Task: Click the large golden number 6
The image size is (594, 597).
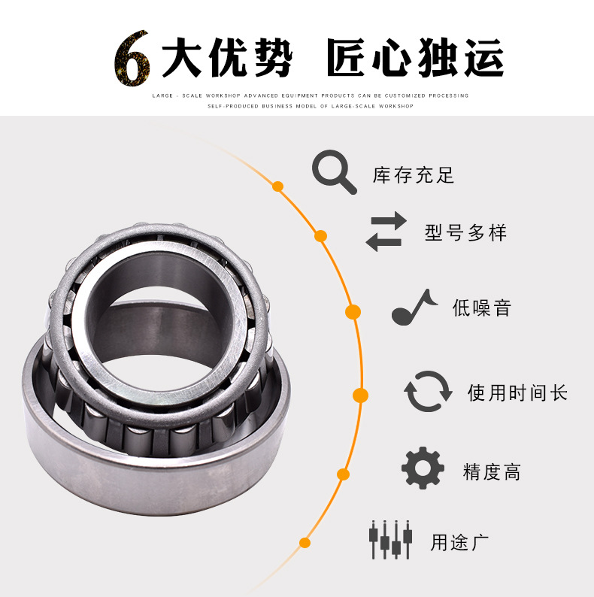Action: (132, 59)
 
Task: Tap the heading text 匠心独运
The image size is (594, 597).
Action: (415, 58)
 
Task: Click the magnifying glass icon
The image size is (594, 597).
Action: (334, 172)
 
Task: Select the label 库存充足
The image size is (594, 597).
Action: (414, 176)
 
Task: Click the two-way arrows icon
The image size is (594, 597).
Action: (386, 232)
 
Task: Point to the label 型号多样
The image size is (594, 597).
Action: (465, 232)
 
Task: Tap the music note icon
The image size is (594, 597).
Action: (414, 307)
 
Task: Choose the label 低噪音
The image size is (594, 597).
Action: (481, 308)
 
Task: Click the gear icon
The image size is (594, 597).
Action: (423, 469)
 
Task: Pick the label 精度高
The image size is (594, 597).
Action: (492, 472)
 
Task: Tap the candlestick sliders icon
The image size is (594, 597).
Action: (391, 539)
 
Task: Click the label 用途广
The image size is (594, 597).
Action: (460, 541)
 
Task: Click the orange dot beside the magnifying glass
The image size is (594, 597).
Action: (278, 186)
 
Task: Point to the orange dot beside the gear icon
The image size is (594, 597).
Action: (344, 474)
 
